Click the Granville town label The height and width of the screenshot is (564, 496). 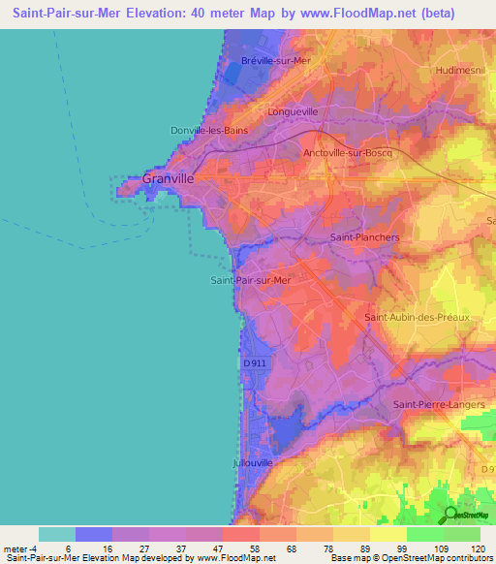click(x=169, y=179)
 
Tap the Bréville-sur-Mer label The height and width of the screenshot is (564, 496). click(x=275, y=61)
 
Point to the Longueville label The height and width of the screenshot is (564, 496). click(x=293, y=112)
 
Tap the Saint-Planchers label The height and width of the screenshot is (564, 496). click(x=365, y=236)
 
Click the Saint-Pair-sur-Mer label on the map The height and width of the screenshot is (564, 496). click(x=251, y=281)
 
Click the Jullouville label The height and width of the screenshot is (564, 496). click(x=254, y=463)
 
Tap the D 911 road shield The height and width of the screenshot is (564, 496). click(x=254, y=362)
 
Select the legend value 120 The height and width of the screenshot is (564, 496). click(x=477, y=548)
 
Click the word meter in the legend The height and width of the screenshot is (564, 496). click(x=18, y=548)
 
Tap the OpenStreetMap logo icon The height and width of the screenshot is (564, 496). click(x=450, y=515)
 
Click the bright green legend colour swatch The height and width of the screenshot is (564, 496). click(x=424, y=534)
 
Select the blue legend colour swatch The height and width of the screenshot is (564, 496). click(x=94, y=534)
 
